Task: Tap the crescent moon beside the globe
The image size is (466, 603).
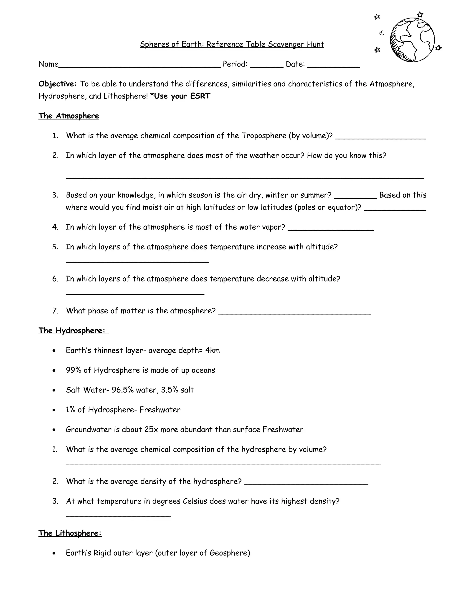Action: coord(382,33)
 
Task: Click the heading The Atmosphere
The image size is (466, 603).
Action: coord(68,116)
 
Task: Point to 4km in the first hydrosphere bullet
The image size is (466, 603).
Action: coord(213,351)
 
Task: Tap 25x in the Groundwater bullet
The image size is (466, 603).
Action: coord(151,430)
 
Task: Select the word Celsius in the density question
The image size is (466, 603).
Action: coord(195,501)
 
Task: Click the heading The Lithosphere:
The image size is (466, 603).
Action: coord(70,533)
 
